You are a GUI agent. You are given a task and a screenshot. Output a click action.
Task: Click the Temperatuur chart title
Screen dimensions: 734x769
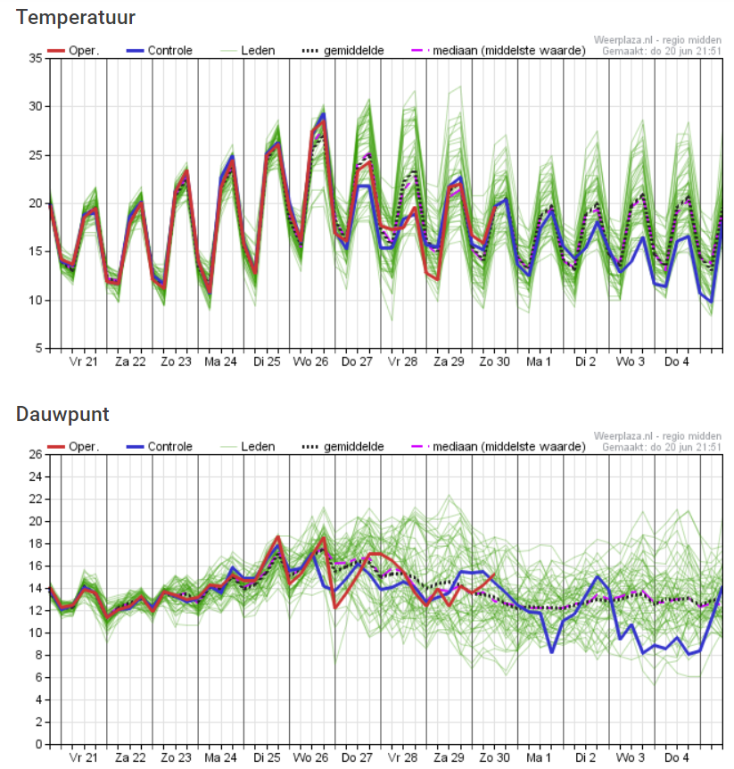click(x=76, y=17)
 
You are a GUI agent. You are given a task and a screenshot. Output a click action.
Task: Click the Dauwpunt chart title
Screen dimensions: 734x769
click(x=62, y=415)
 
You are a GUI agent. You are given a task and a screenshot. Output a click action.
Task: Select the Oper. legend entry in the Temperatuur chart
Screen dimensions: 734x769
click(x=73, y=51)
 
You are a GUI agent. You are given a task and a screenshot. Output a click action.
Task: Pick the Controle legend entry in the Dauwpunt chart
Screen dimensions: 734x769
click(x=160, y=447)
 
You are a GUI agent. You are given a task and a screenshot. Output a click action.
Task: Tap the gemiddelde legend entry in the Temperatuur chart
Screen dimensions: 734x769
click(x=342, y=51)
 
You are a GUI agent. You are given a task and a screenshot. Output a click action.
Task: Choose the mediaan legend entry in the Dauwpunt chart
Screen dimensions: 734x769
click(x=499, y=447)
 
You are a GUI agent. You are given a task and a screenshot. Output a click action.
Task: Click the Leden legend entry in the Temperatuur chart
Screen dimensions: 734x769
click(x=248, y=51)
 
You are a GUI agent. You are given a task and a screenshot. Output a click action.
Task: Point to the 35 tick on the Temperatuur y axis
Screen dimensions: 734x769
click(x=36, y=58)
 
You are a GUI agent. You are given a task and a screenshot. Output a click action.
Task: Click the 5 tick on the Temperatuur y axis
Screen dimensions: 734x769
click(x=38, y=348)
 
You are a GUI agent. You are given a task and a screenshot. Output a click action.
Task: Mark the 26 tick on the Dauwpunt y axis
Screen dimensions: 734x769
click(x=36, y=454)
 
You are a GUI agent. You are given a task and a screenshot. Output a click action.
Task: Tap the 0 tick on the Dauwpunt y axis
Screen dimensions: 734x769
click(x=38, y=745)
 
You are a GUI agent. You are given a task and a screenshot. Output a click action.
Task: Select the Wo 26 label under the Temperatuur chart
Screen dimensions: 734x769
click(x=310, y=362)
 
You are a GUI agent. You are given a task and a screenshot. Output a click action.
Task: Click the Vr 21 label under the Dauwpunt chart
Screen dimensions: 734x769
click(x=83, y=757)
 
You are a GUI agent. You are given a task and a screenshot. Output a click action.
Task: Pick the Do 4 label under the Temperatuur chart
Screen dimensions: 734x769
click(x=676, y=362)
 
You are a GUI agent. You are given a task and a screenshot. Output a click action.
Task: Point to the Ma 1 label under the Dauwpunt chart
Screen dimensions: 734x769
click(x=539, y=757)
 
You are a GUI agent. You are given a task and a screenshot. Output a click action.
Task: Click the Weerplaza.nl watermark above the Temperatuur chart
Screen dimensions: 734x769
click(x=657, y=40)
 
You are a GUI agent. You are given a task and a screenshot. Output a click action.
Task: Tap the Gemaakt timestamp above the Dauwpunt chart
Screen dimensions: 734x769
click(x=662, y=447)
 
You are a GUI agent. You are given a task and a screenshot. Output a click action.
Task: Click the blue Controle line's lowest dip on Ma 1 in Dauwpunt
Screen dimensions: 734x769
click(x=552, y=652)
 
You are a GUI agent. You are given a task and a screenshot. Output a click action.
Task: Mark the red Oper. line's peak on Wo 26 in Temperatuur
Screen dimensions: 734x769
click(x=324, y=120)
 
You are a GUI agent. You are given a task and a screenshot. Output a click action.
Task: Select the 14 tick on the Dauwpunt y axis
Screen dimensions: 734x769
click(x=36, y=588)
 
